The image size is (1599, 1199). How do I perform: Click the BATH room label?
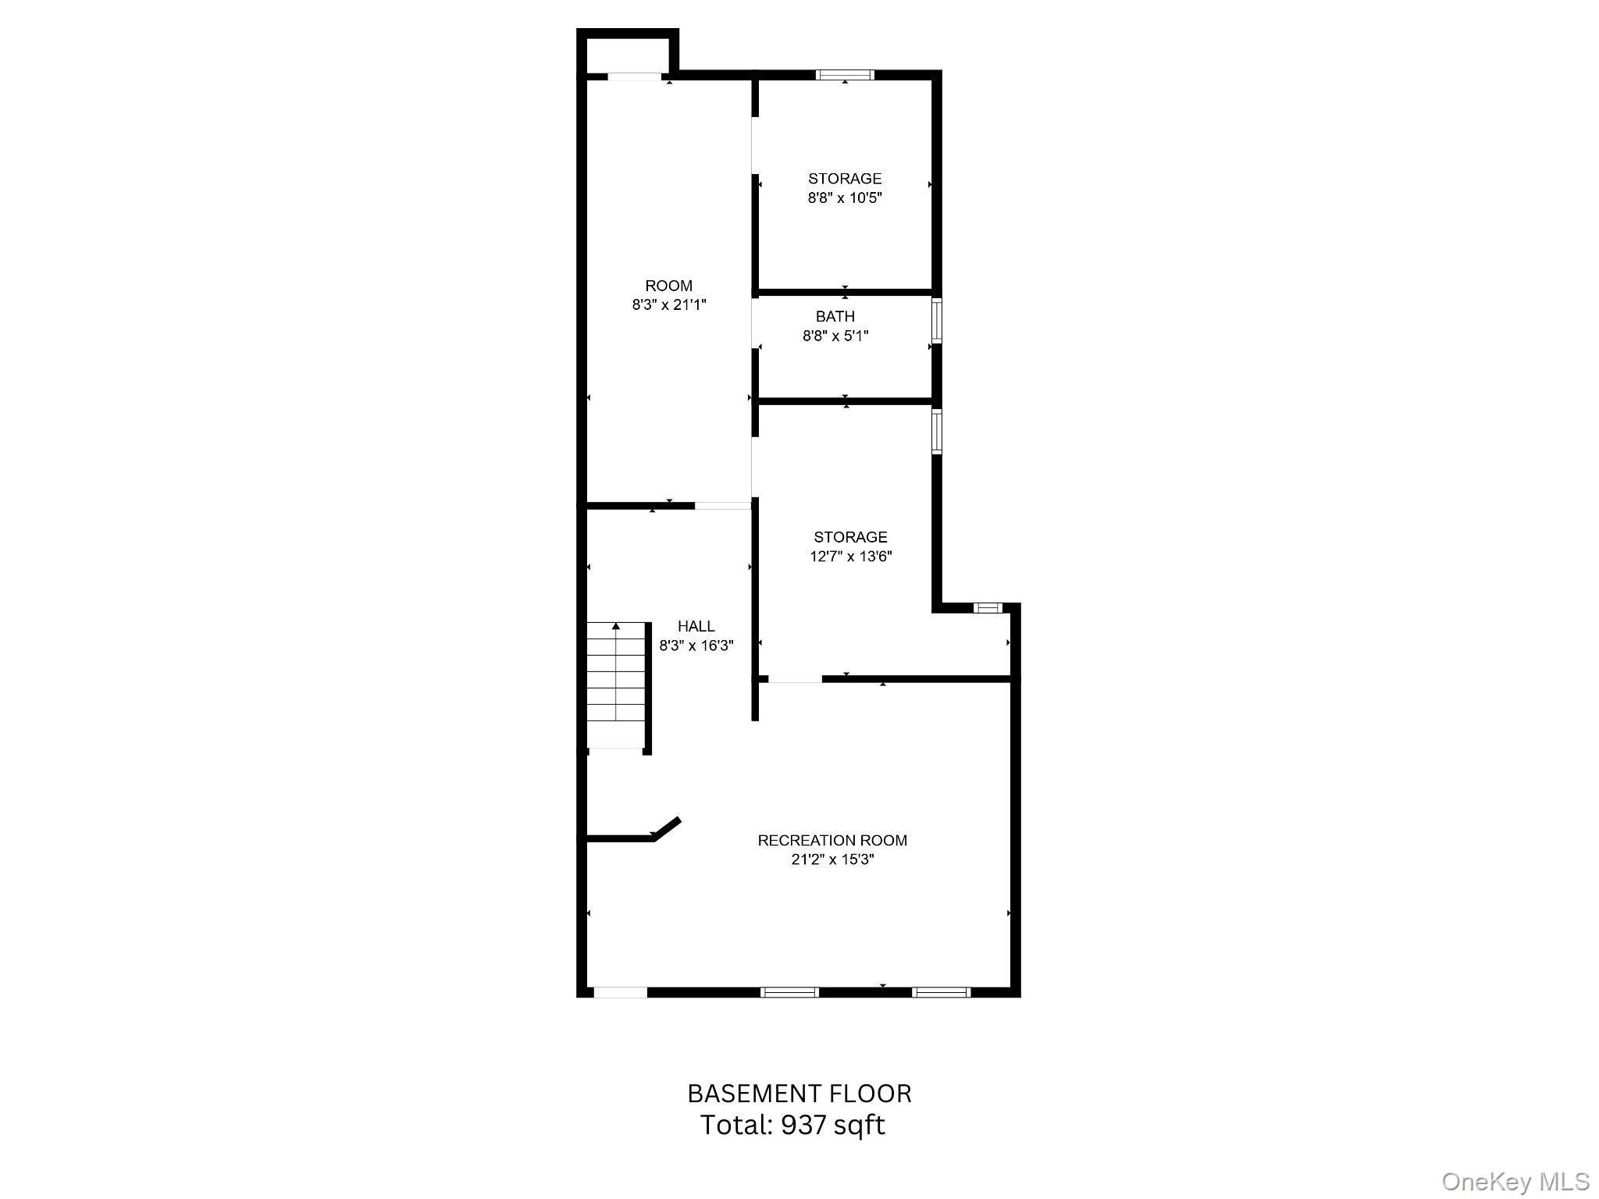point(835,316)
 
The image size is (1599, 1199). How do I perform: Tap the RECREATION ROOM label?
point(832,841)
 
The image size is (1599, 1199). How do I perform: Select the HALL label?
point(696,626)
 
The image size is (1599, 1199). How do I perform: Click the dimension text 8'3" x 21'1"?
point(669,304)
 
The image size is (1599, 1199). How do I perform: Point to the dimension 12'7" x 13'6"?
point(850,557)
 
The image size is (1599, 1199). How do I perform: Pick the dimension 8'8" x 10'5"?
point(845,197)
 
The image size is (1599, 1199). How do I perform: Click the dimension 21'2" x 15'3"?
point(832,859)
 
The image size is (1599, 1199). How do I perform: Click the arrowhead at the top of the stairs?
point(616,626)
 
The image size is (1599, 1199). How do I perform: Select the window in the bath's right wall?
point(937,321)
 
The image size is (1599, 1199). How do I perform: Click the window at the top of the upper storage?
point(845,75)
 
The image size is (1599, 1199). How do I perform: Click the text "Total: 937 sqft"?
point(792,1125)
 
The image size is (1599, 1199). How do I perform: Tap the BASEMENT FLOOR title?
point(799,1094)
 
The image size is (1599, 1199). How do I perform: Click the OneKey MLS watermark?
point(1515,1182)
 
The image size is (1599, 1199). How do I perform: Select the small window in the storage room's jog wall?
point(987,608)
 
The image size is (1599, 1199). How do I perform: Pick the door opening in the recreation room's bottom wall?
point(620,992)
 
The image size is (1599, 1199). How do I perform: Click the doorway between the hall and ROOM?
point(723,506)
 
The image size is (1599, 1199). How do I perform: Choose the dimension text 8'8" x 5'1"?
point(835,336)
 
